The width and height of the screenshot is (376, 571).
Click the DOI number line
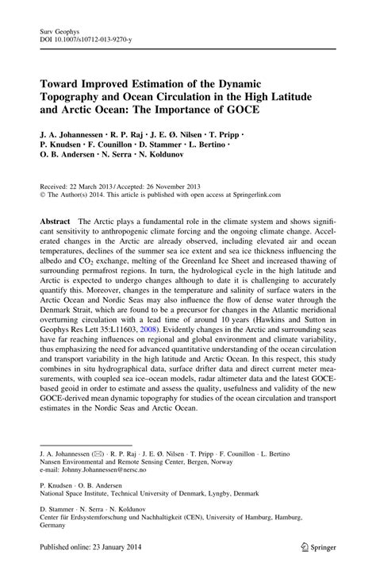click(82, 36)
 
